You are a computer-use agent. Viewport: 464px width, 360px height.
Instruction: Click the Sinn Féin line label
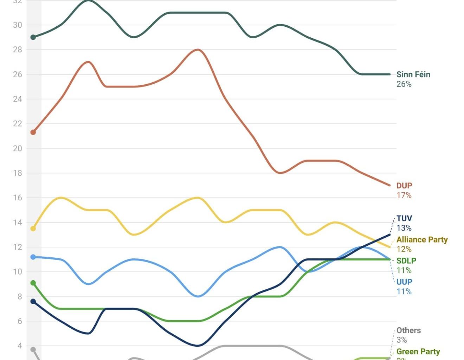click(x=413, y=74)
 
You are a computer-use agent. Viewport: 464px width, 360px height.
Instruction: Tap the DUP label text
click(x=404, y=186)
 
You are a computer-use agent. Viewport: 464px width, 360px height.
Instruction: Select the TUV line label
click(x=404, y=218)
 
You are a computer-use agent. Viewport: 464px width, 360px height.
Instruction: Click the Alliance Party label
click(x=422, y=240)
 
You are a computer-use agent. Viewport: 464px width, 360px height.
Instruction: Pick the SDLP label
click(x=406, y=261)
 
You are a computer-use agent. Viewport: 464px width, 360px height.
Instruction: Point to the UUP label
click(x=404, y=282)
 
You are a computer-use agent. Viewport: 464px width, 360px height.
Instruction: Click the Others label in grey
click(x=408, y=330)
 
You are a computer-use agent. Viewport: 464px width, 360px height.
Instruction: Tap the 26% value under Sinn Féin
click(x=404, y=84)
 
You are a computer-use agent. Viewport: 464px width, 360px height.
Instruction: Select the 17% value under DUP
click(x=404, y=195)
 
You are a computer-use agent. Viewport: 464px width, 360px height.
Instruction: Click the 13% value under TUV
click(x=404, y=228)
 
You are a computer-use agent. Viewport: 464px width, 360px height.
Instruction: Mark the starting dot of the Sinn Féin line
click(x=33, y=37)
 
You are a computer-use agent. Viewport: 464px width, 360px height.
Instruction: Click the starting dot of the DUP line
click(x=33, y=133)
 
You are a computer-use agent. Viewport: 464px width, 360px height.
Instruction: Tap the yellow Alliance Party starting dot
click(x=33, y=229)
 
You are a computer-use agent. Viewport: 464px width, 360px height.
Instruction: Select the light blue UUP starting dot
click(x=33, y=257)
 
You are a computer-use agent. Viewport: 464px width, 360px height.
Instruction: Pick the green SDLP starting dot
click(x=33, y=283)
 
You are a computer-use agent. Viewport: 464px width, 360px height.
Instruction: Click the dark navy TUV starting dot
click(x=33, y=301)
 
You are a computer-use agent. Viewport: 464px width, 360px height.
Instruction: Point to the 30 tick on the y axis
click(x=18, y=25)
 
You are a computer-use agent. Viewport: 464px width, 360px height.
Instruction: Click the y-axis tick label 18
click(x=18, y=173)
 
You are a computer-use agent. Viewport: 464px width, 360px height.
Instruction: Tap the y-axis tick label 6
click(x=20, y=321)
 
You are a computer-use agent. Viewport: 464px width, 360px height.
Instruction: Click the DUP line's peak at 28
click(x=198, y=50)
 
